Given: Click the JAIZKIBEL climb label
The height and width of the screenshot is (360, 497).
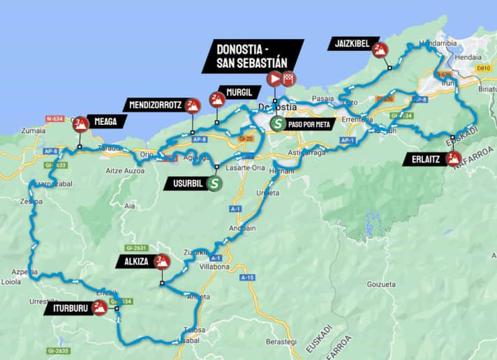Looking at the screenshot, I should [353, 45].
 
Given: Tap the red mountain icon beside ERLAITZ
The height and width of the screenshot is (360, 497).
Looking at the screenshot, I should [454, 159].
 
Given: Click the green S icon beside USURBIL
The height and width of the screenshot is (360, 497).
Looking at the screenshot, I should [216, 184].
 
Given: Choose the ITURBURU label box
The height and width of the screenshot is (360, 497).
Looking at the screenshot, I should [68, 308].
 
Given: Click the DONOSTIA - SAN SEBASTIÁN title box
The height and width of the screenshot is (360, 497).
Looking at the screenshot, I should [253, 56].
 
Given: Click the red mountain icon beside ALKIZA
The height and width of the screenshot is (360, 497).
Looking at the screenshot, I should [162, 262].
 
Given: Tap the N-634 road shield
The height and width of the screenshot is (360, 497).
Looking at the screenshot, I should [55, 119].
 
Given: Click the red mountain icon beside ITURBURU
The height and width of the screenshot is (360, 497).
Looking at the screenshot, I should [99, 307].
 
